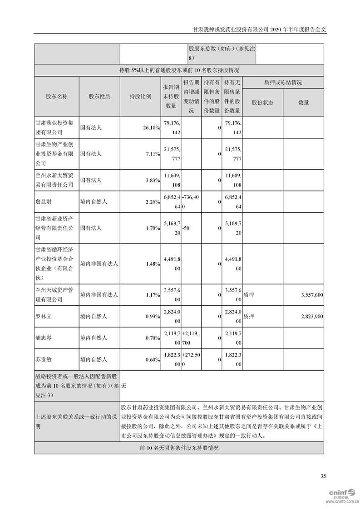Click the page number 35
click(x=323, y=476)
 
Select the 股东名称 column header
click(x=56, y=97)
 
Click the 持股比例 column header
click(x=140, y=97)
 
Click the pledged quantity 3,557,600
click(x=311, y=294)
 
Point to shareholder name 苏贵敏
click(x=45, y=359)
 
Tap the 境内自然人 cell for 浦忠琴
click(x=94, y=338)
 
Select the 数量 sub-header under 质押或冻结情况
click(x=303, y=103)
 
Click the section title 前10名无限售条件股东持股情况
click(x=179, y=448)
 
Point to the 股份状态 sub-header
click(x=262, y=103)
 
